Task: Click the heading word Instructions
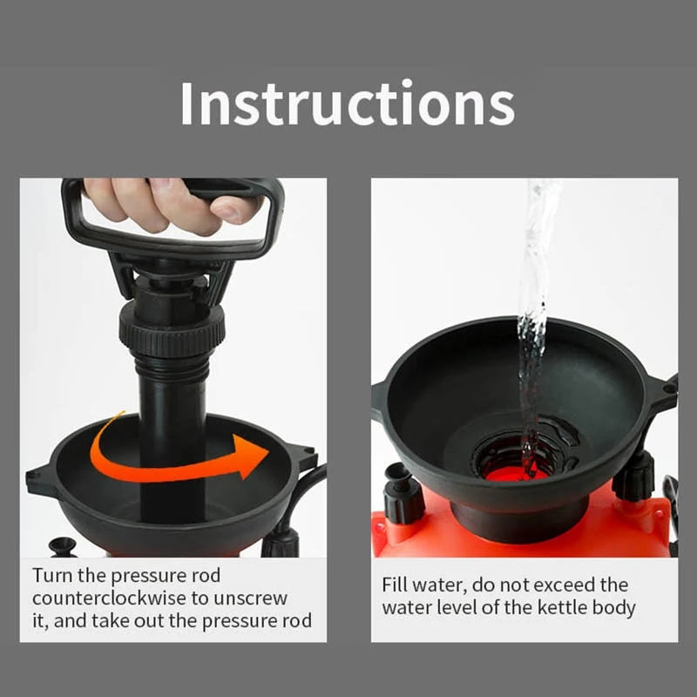click(347, 104)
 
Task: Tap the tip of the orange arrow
click(267, 452)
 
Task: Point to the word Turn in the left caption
click(51, 575)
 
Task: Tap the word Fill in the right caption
click(397, 584)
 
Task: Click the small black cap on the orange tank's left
click(402, 497)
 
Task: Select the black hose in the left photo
click(301, 497)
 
